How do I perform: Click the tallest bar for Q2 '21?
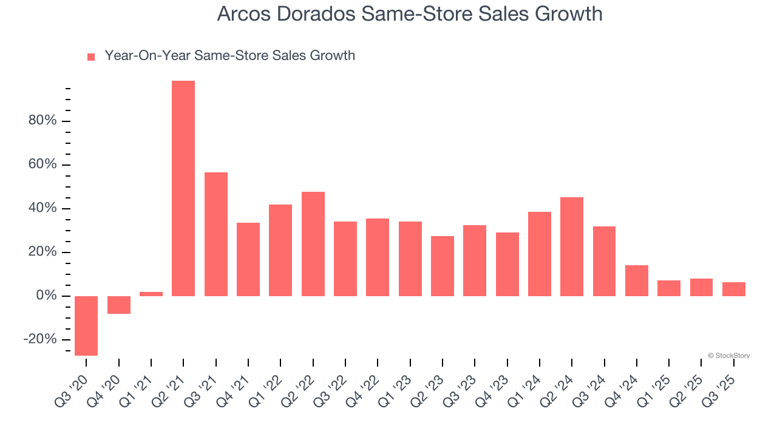pyautogui.click(x=183, y=188)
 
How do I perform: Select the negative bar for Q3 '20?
pyautogui.click(x=86, y=325)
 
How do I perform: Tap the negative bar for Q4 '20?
pyautogui.click(x=119, y=305)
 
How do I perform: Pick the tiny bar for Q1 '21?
pyautogui.click(x=151, y=294)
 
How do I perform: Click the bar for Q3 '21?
pyautogui.click(x=216, y=234)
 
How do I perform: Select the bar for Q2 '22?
pyautogui.click(x=313, y=244)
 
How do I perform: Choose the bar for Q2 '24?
pyautogui.click(x=572, y=246)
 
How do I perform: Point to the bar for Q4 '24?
pyautogui.click(x=637, y=280)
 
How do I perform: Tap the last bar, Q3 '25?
pyautogui.click(x=734, y=289)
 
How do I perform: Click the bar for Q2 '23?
pyautogui.click(x=443, y=266)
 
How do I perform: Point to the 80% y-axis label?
pyautogui.click(x=42, y=121)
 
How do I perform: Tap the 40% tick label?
pyautogui.click(x=42, y=208)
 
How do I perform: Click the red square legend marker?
pyautogui.click(x=91, y=56)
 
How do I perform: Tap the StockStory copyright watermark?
pyautogui.click(x=728, y=356)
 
